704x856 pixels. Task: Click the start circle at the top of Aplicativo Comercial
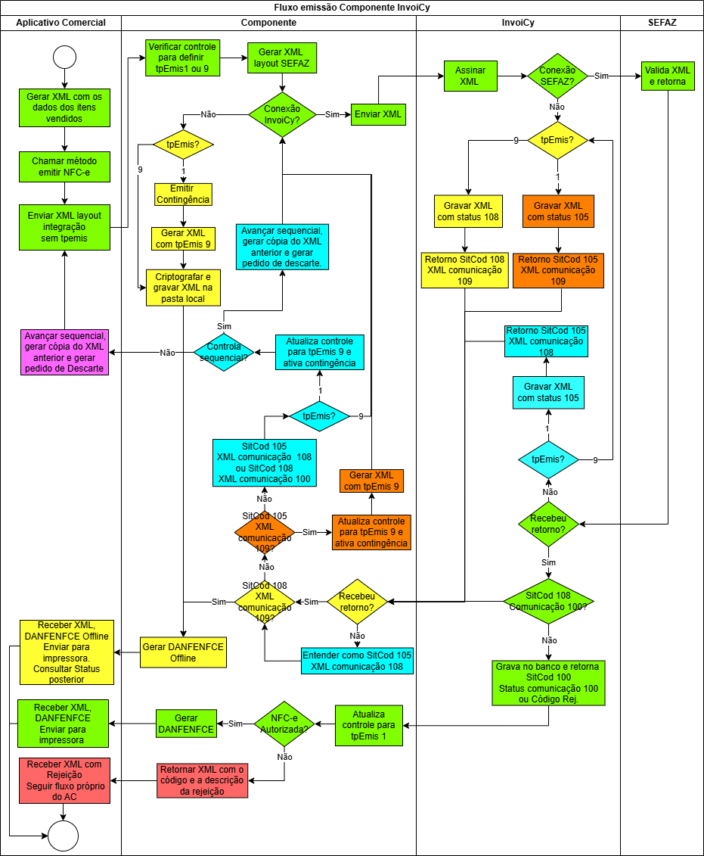point(64,57)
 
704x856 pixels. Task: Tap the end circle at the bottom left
point(64,836)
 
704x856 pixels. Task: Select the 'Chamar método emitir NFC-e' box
point(64,167)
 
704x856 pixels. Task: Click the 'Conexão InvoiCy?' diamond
point(282,114)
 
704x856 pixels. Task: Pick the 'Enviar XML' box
point(378,114)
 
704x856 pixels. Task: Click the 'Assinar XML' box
point(470,76)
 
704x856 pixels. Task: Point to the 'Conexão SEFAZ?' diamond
point(557,76)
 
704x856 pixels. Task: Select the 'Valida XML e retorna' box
point(668,76)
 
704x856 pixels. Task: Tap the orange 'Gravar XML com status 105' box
point(558,211)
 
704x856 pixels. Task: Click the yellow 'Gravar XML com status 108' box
point(468,211)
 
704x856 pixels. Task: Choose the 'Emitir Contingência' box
point(183,195)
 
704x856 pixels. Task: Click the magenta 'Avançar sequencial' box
point(64,352)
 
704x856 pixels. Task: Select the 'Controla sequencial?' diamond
point(224,352)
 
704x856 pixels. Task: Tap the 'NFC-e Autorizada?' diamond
point(284,724)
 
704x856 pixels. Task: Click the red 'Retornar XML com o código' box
point(203,780)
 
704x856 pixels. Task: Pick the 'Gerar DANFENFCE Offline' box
point(183,652)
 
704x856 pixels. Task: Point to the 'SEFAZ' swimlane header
point(662,23)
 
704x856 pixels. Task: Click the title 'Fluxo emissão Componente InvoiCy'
point(352,7)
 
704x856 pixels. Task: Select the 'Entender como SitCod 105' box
point(357,661)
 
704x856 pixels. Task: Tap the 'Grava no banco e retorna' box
point(548,683)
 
